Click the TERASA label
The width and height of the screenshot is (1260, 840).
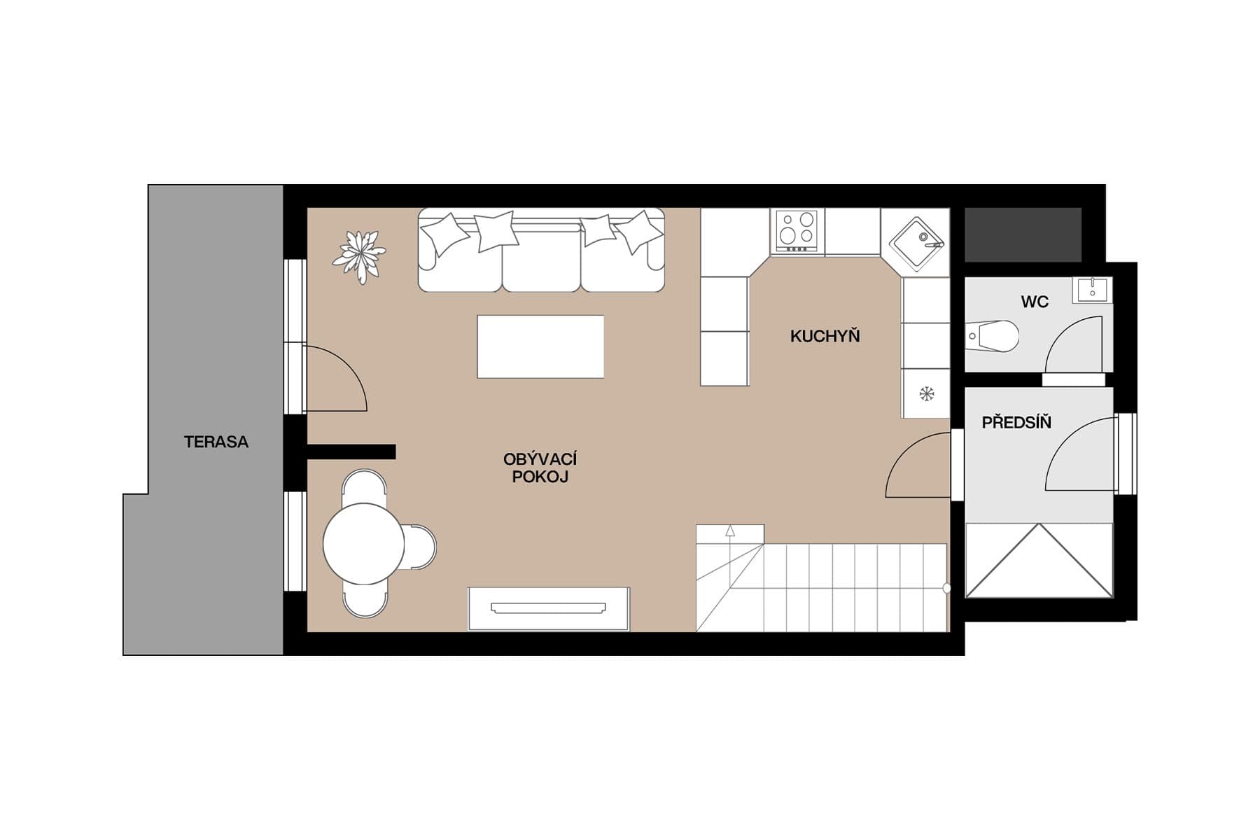[x=216, y=442]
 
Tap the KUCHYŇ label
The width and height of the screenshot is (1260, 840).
[x=825, y=336]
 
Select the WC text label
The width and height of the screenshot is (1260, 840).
[x=1034, y=302]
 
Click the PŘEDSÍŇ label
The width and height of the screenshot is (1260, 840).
[x=1016, y=422]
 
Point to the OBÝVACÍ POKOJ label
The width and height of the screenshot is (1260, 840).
[x=540, y=468]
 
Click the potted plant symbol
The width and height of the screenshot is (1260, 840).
[x=359, y=255]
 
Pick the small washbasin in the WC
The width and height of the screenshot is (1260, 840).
[x=1091, y=289]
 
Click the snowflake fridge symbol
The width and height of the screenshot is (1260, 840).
[x=926, y=394]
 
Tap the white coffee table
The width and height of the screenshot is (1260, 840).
[x=540, y=346]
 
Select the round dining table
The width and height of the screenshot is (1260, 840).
[x=363, y=543]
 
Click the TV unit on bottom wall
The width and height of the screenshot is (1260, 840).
[x=549, y=608]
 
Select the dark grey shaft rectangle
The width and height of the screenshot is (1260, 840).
[x=1023, y=234]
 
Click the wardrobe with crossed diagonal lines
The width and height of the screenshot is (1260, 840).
[x=1039, y=561]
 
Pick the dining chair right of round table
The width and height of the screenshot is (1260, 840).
[x=421, y=546]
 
